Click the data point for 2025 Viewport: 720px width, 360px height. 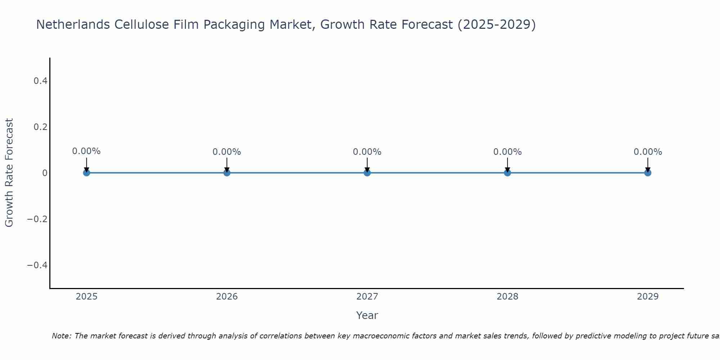[86, 173]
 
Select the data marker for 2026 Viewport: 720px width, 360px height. [227, 173]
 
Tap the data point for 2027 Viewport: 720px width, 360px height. [367, 173]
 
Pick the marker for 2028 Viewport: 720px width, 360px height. [507, 173]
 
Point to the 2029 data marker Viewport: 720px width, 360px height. [648, 173]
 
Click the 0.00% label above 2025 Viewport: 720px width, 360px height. [86, 151]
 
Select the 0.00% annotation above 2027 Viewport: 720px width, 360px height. [367, 152]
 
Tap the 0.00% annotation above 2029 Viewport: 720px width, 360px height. [648, 152]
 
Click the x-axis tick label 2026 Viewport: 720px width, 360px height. [227, 297]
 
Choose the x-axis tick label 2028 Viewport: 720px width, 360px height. [507, 297]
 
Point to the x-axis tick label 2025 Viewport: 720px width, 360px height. [87, 297]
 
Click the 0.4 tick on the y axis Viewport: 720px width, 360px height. [40, 81]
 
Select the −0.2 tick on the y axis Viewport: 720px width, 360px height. [37, 219]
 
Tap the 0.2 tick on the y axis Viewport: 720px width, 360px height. [40, 127]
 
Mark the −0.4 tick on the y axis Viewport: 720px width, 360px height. [37, 265]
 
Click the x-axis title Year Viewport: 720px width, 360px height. [367, 315]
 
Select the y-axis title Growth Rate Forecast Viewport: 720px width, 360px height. [9, 173]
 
